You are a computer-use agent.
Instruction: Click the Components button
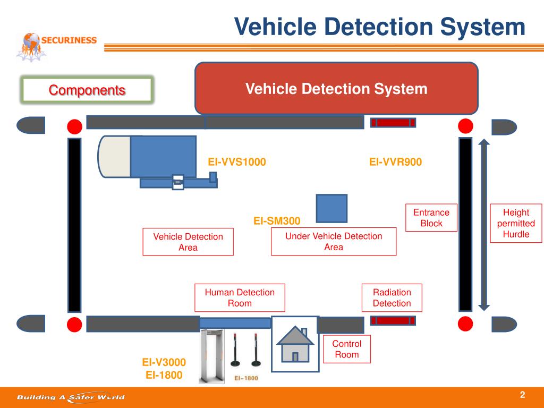87,90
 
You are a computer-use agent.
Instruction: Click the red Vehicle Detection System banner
336,89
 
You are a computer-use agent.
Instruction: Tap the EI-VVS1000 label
237,162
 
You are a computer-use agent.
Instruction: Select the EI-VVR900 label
396,162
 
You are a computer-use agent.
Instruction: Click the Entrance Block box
431,218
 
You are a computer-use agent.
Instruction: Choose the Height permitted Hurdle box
516,223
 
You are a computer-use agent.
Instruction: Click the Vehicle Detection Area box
188,242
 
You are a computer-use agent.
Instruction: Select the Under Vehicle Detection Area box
334,242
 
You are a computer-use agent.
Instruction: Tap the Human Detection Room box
240,297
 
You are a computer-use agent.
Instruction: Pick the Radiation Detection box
392,297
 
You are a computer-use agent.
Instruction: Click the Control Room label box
347,349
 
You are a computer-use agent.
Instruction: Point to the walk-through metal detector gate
211,356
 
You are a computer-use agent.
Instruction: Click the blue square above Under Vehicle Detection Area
331,208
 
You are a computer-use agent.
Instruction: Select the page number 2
522,394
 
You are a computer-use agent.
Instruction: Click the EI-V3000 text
164,362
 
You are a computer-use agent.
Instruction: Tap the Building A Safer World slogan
70,397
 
